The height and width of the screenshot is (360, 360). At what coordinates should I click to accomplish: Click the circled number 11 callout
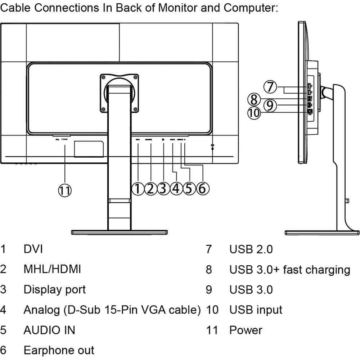point(65,190)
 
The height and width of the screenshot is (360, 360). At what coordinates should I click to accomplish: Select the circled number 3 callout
point(163,189)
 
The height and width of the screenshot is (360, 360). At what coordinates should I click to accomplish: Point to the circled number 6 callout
point(202,189)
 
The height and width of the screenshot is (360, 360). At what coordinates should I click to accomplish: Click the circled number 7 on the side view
point(270,87)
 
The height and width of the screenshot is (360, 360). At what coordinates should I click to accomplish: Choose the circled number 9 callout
point(270,105)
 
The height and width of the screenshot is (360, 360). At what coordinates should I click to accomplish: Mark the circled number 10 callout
point(254,113)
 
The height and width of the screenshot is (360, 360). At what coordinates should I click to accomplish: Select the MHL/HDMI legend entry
point(52,269)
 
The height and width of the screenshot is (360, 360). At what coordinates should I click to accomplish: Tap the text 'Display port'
point(55,290)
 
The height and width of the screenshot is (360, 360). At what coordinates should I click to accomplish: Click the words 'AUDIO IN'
point(49,330)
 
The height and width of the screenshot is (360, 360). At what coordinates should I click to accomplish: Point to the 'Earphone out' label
point(59,350)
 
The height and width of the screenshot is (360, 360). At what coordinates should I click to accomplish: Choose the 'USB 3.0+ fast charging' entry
point(290,270)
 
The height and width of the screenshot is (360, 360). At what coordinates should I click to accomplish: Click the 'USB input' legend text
point(256,310)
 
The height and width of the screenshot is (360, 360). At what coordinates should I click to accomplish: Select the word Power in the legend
point(246,330)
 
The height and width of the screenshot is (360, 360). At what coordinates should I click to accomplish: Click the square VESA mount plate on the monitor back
point(120,93)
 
